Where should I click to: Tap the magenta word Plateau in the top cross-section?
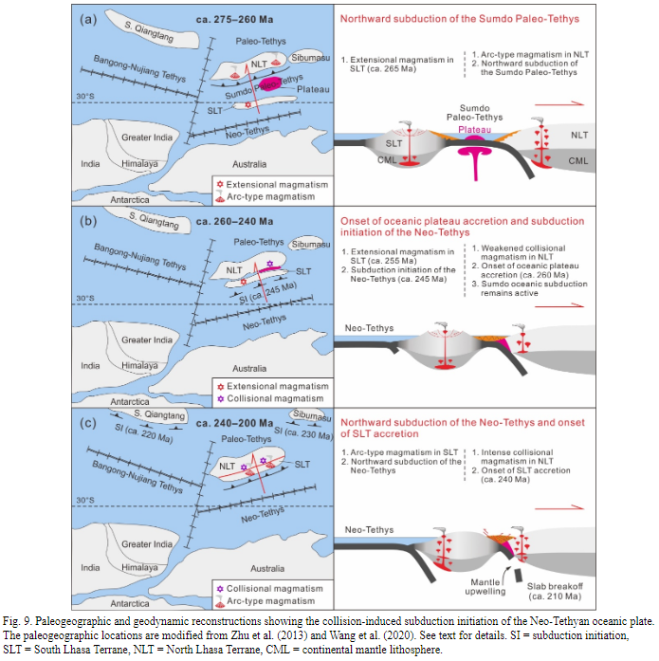pos(474,127)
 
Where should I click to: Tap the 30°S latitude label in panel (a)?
pos(89,95)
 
